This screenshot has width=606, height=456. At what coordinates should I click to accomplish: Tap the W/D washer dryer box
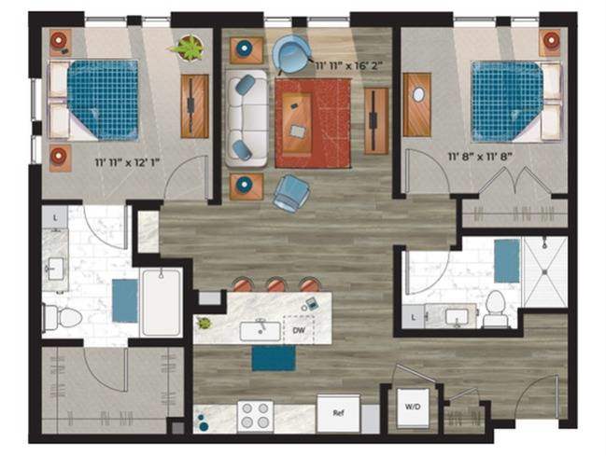pyautogui.click(x=412, y=407)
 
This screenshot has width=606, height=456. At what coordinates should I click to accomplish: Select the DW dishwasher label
pyautogui.click(x=299, y=330)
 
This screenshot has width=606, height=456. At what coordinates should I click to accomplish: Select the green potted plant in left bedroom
pyautogui.click(x=190, y=47)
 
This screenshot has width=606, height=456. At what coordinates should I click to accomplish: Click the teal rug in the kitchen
pyautogui.click(x=273, y=358)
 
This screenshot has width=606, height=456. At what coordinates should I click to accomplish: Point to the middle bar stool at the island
pyautogui.click(x=275, y=285)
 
